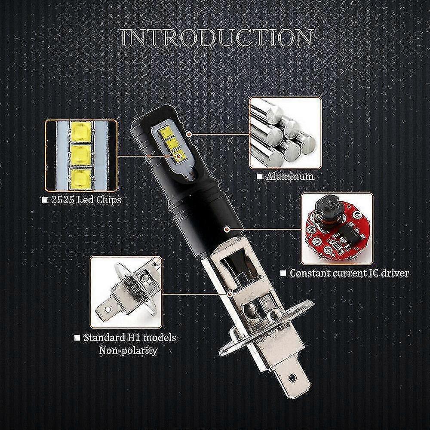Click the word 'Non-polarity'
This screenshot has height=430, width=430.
[128, 350]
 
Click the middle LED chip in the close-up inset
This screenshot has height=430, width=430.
[81, 155]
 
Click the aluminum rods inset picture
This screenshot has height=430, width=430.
[285, 133]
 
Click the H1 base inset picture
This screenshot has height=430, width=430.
[126, 292]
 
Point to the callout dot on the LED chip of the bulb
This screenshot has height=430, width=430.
[178, 157]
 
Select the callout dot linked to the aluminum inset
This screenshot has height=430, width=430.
[189, 134]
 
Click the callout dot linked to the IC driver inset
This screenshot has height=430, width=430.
[226, 228]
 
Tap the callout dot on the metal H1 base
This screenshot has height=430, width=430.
[230, 294]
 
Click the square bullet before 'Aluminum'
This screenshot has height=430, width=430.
[259, 176]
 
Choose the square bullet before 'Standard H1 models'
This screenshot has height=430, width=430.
[77, 338]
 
